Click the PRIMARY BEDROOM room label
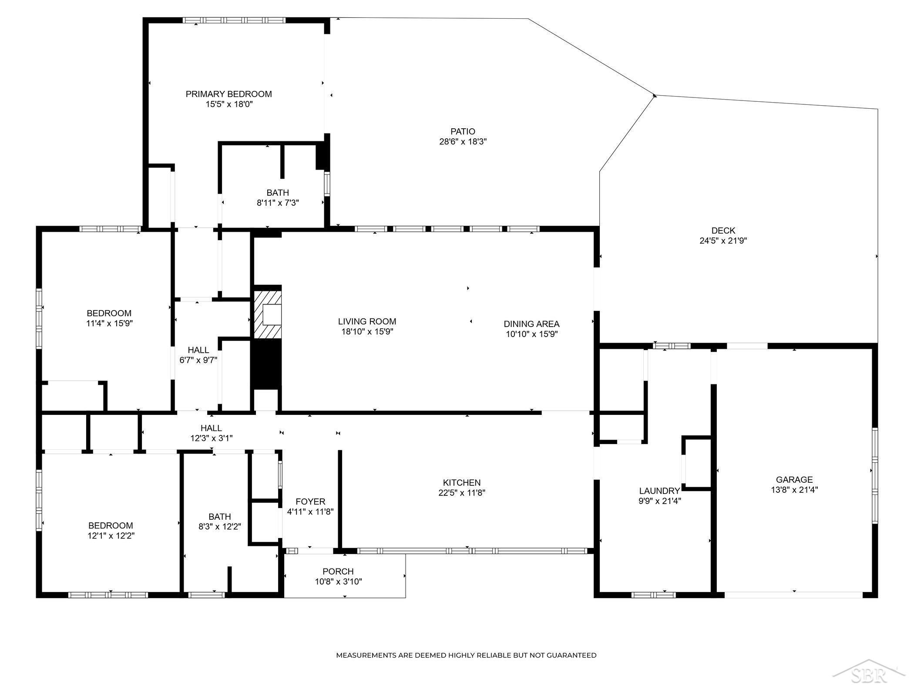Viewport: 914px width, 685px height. click(228, 94)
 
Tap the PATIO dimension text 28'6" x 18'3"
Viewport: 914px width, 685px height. click(463, 141)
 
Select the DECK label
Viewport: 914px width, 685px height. click(723, 231)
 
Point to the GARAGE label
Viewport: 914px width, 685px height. click(794, 479)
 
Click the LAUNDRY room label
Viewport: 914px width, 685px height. click(659, 491)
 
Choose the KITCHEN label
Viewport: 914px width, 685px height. click(462, 482)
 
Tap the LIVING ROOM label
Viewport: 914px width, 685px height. click(367, 321)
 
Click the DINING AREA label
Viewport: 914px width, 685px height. click(531, 324)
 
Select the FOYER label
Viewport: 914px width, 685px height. click(310, 501)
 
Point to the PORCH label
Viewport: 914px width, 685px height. click(338, 571)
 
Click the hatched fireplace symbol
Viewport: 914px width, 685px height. click(268, 314)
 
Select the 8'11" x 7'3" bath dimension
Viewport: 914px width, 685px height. click(278, 203)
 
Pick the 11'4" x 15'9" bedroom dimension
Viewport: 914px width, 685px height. click(109, 323)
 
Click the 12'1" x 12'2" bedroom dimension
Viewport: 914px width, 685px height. click(111, 536)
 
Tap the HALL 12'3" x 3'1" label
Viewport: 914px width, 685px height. click(212, 433)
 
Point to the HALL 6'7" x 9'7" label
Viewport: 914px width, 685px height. click(198, 355)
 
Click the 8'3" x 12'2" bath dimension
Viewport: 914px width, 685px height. click(220, 526)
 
